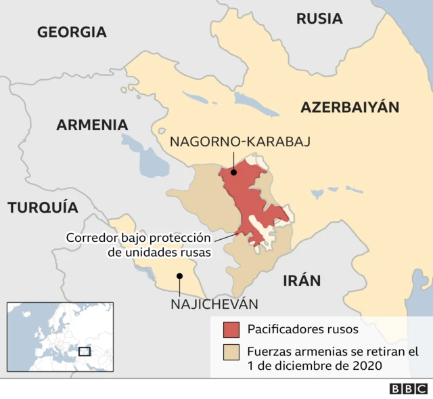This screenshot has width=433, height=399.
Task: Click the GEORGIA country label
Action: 72,32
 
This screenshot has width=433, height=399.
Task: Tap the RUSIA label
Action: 319,18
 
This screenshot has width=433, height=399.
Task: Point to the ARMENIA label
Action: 92,125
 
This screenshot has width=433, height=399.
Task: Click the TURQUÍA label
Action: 43,207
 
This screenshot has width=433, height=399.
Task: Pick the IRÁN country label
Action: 302,280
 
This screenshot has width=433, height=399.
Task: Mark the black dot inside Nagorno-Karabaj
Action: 233,172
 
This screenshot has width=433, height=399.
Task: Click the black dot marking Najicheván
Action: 179,276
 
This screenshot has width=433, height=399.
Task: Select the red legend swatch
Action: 231,330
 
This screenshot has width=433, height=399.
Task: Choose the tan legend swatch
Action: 231,352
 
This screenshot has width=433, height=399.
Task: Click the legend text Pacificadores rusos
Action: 302,330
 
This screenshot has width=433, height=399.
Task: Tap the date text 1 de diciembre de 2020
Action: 315,366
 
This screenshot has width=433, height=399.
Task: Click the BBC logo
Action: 408,389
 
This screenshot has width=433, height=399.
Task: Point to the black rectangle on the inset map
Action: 85,351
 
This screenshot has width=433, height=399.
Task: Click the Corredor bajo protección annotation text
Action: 137,238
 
